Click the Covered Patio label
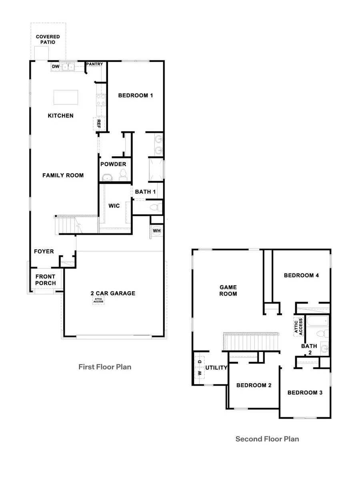(48, 39)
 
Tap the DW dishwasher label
(56, 67)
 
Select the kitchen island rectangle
(66, 97)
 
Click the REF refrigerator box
(99, 124)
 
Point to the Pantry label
(95, 64)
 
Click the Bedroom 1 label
(135, 96)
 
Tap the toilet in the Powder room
(123, 174)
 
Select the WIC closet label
(114, 206)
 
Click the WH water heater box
(156, 231)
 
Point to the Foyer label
(44, 252)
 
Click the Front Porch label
(45, 280)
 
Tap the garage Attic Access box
(98, 301)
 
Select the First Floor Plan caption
(105, 366)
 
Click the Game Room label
(228, 290)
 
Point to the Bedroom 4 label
(301, 275)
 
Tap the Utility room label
(216, 368)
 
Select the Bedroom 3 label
(305, 392)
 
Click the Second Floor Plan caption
(267, 439)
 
